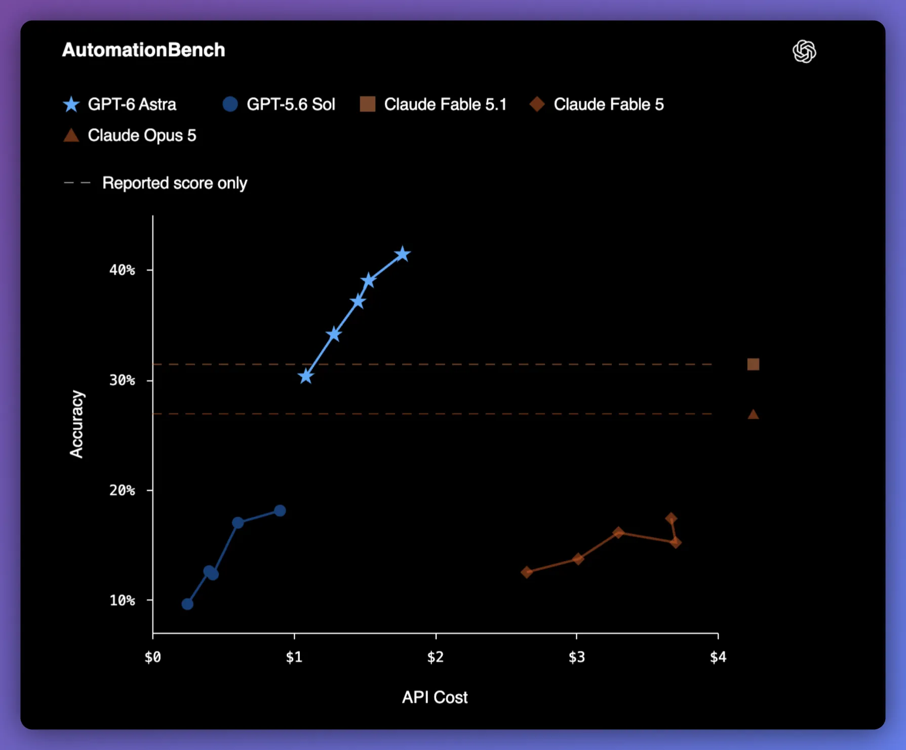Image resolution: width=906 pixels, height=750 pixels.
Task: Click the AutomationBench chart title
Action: (x=143, y=50)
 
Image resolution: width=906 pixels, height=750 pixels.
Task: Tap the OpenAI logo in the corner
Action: (x=804, y=51)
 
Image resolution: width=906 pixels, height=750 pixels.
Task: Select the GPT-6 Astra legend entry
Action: (x=120, y=104)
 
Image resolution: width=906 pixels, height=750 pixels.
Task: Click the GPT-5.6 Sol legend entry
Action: (x=279, y=104)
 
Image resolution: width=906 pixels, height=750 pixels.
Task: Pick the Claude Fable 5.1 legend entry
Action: (x=433, y=104)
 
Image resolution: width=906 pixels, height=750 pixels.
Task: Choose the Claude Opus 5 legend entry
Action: (x=129, y=135)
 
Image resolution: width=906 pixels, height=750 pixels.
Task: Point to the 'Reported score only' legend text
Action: (x=175, y=183)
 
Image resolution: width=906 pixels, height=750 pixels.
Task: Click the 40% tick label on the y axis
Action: (x=122, y=270)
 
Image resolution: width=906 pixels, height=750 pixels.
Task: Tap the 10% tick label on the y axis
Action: (x=122, y=601)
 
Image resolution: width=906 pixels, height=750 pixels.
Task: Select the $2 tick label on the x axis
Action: (x=436, y=657)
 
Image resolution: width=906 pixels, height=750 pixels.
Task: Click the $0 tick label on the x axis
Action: (x=153, y=657)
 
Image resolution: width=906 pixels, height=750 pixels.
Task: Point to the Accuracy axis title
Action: (x=76, y=424)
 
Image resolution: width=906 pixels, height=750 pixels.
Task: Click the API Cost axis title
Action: (x=435, y=697)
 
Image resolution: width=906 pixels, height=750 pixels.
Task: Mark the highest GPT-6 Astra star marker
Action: (x=403, y=254)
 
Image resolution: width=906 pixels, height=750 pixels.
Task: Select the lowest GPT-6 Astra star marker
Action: (x=306, y=376)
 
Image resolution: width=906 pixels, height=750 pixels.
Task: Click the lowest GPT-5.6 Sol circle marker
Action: (x=187, y=604)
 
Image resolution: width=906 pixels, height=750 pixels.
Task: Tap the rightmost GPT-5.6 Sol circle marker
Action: (x=280, y=510)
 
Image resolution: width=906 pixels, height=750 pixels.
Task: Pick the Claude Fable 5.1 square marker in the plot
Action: (x=754, y=365)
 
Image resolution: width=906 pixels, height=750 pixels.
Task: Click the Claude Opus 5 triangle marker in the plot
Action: (x=754, y=414)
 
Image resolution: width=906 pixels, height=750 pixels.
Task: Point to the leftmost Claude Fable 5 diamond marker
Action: (x=527, y=572)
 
